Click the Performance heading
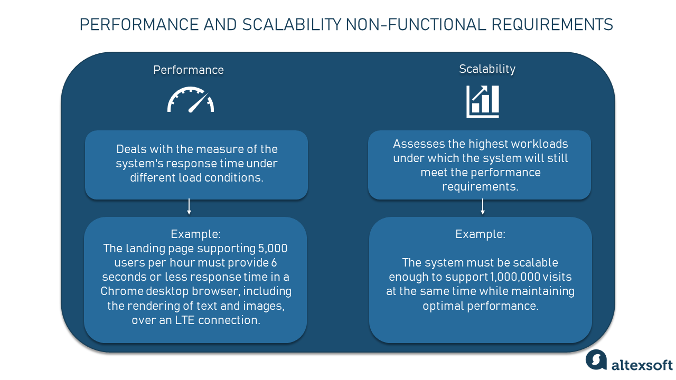(x=189, y=70)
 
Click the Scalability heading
(x=487, y=69)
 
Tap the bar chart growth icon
(x=483, y=102)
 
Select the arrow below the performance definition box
(x=189, y=207)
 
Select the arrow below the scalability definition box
(x=482, y=207)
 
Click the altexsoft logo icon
(x=596, y=360)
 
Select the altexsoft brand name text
(x=642, y=365)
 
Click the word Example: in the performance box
(x=195, y=234)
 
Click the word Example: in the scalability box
(x=480, y=234)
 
